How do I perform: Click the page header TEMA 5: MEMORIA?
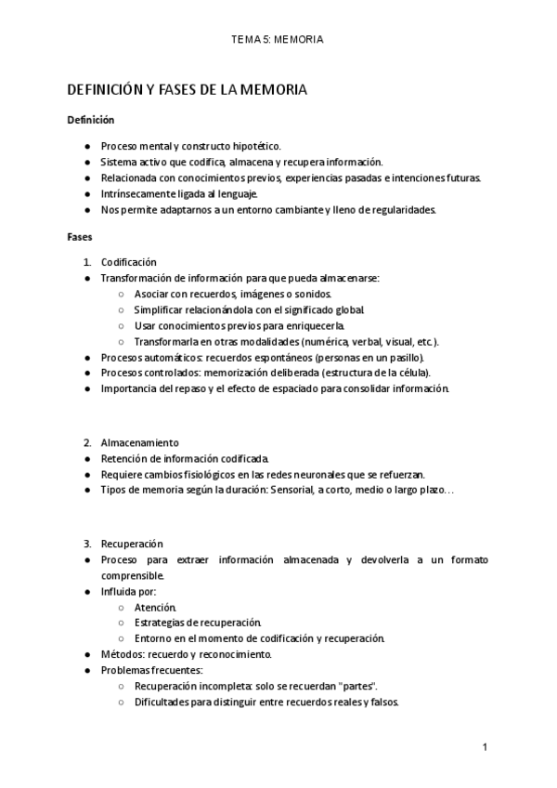click(278, 40)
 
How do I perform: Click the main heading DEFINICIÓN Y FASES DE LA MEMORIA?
click(187, 90)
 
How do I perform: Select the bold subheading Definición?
click(90, 120)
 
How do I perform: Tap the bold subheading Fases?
click(80, 237)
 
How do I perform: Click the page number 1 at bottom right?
click(485, 747)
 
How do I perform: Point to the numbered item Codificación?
click(129, 262)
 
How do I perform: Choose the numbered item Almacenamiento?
click(140, 442)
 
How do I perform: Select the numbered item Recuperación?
click(132, 544)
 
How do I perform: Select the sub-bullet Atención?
click(155, 607)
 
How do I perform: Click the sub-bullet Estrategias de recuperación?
click(198, 623)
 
